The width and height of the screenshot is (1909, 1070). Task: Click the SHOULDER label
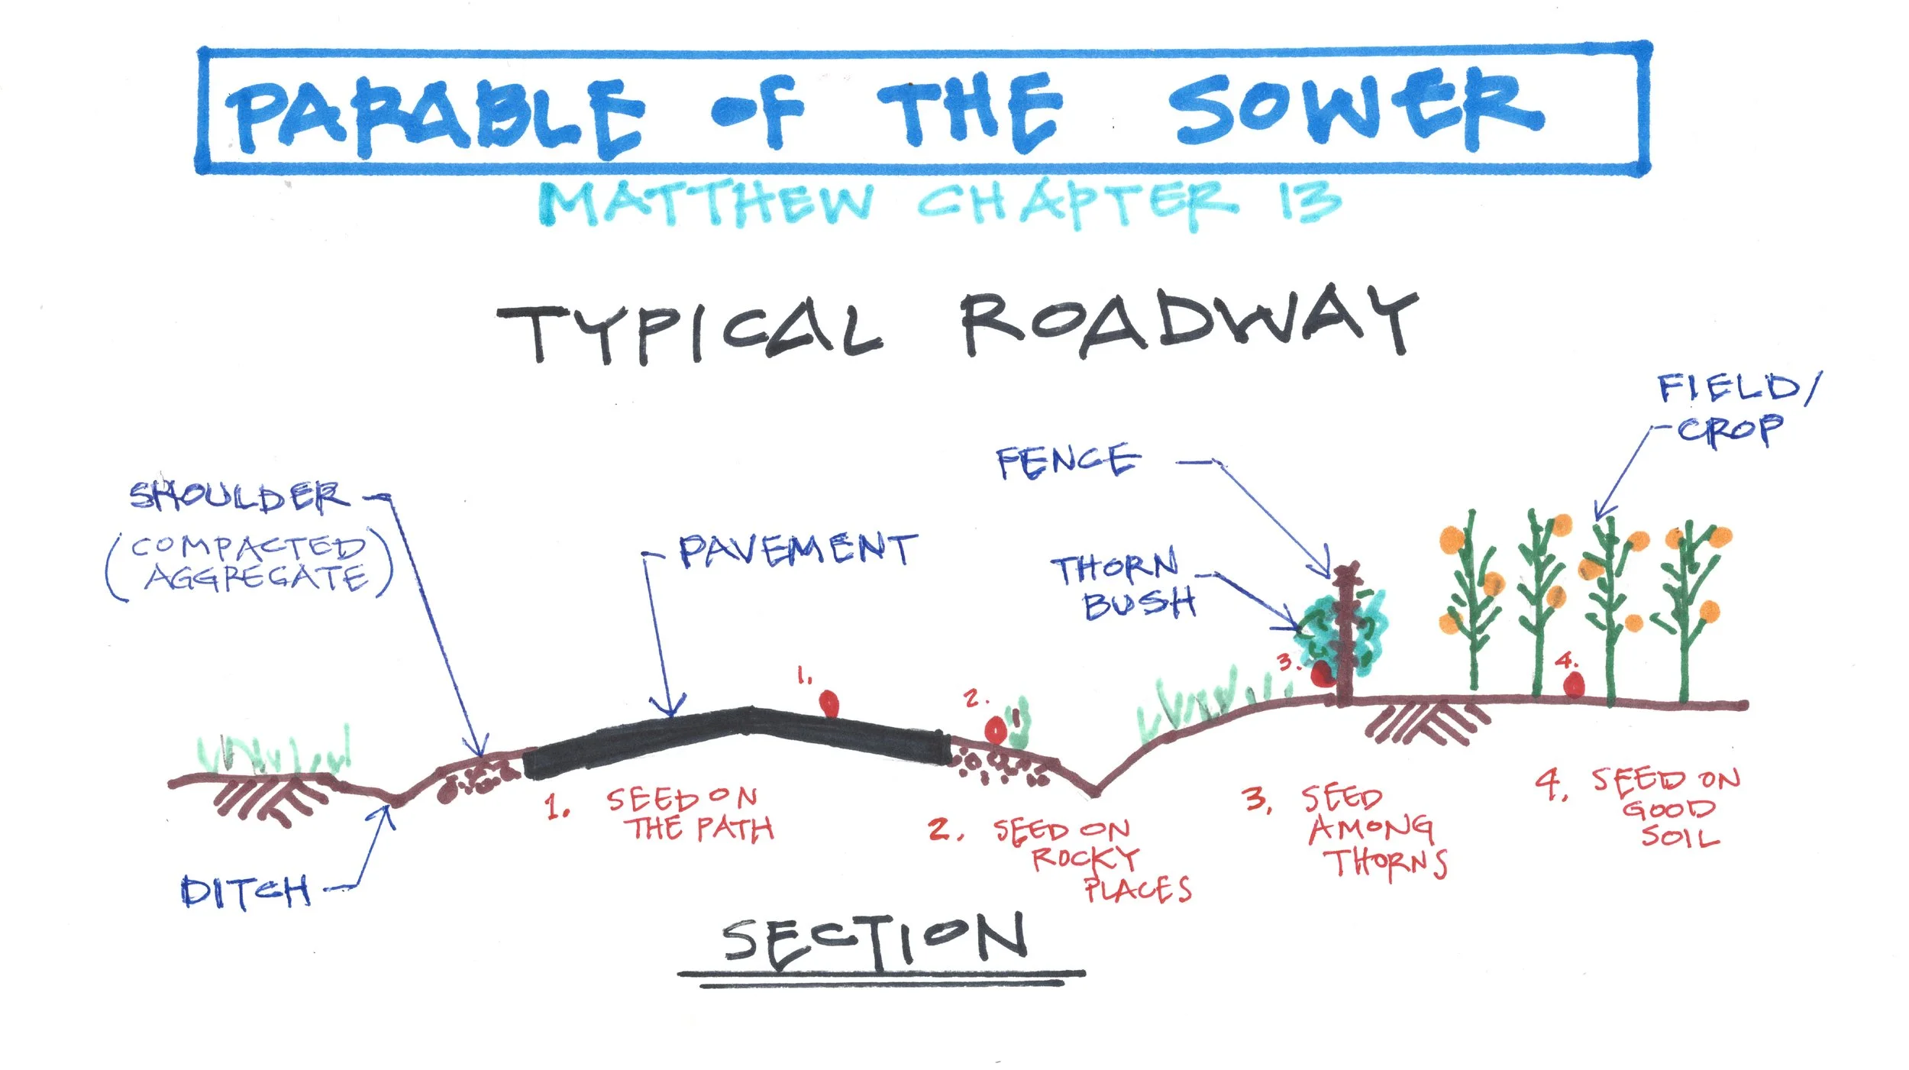coord(239,496)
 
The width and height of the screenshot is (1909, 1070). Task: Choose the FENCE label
coord(1068,462)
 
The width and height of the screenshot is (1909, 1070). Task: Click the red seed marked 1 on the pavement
coord(829,703)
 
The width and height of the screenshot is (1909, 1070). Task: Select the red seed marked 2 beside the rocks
coord(996,729)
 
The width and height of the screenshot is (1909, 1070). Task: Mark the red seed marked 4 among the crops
coord(1573,684)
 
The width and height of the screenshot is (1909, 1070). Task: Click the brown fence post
coord(1345,634)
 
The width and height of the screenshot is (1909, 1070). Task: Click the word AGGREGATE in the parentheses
coord(256,578)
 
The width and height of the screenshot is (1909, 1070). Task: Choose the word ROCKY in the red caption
coord(1084,858)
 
